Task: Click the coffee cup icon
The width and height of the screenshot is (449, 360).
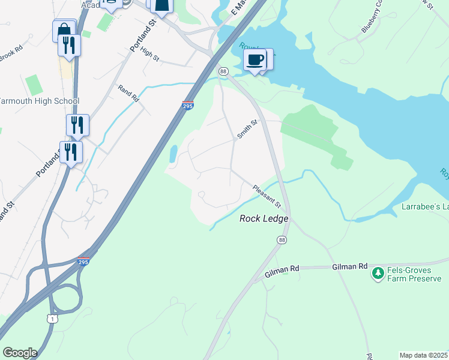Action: click(x=255, y=60)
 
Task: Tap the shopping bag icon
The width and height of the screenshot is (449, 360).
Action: click(x=63, y=31)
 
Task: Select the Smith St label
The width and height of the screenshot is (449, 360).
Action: click(x=247, y=129)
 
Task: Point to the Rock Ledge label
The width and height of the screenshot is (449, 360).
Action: click(x=264, y=219)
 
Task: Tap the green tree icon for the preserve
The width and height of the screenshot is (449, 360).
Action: click(x=378, y=274)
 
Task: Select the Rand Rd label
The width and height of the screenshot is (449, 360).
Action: click(x=128, y=92)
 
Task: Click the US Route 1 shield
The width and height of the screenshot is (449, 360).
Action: click(x=53, y=319)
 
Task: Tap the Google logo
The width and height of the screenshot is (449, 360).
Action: click(x=20, y=353)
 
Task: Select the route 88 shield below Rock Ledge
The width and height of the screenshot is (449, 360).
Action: click(x=282, y=240)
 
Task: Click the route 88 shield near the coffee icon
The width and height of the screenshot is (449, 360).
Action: click(x=223, y=71)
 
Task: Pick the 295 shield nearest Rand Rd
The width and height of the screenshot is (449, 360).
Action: click(x=187, y=105)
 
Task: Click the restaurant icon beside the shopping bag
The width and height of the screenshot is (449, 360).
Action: click(x=70, y=46)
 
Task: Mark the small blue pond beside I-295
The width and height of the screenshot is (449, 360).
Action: click(x=173, y=154)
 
